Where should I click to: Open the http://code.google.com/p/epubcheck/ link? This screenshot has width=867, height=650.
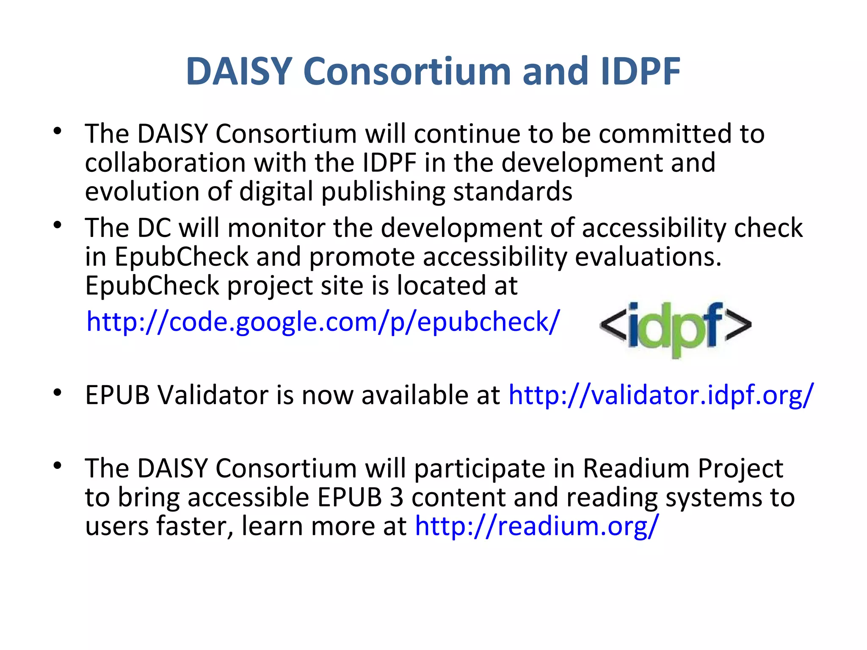tap(323, 322)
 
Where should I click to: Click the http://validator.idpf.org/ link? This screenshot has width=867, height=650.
tap(660, 395)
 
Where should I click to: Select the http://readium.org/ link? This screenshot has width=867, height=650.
tap(537, 526)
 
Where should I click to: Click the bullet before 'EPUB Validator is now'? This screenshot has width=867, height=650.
tap(58, 393)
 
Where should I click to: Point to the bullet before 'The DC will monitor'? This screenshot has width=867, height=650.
tap(58, 225)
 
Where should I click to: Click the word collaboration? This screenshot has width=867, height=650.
tap(165, 163)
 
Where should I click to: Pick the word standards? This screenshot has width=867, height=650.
tap(513, 191)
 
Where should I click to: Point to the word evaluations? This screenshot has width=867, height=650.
tap(648, 257)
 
